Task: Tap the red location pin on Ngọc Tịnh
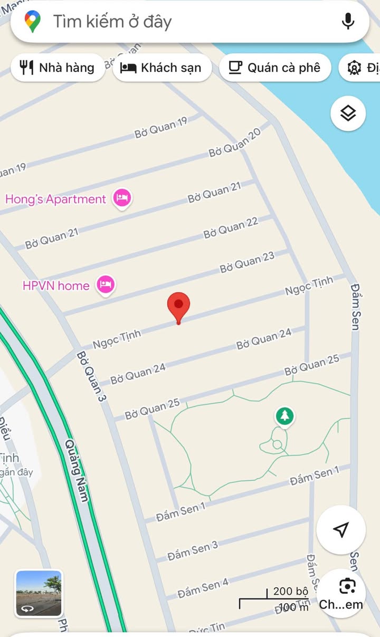[178, 306]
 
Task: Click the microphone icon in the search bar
[348, 22]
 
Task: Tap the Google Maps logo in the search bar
[33, 22]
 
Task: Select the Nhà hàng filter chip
[58, 68]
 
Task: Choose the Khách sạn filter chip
[161, 68]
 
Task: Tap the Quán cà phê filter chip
[275, 68]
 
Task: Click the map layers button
[348, 113]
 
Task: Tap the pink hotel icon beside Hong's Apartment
[122, 198]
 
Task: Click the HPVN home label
[56, 286]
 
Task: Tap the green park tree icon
[284, 416]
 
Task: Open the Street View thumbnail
[39, 594]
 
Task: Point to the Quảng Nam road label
[76, 470]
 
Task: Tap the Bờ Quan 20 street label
[235, 143]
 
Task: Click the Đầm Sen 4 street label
[203, 587]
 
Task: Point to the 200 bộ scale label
[290, 591]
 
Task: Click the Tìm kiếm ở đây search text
[112, 22]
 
